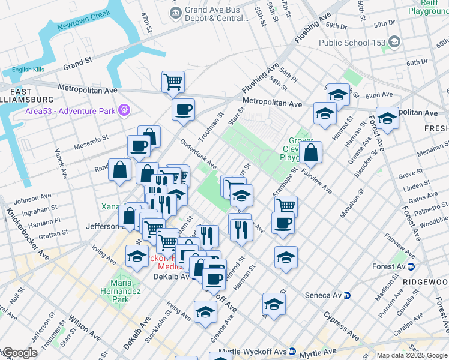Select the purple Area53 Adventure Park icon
[x=124, y=110]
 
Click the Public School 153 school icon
[x=394, y=42]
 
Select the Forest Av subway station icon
[x=411, y=267]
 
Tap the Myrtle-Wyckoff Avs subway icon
[x=292, y=352]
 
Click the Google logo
[x=19, y=352]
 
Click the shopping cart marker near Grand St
[x=173, y=82]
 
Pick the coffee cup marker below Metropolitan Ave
[x=183, y=110]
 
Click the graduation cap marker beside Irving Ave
[x=137, y=256]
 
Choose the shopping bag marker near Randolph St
[x=119, y=169]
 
